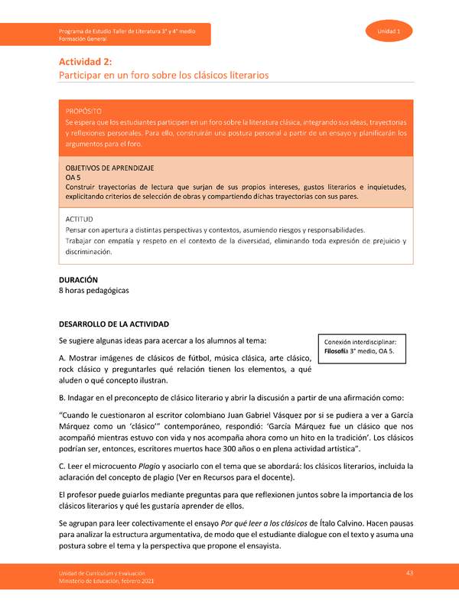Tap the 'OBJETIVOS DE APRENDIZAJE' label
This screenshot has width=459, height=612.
click(109, 167)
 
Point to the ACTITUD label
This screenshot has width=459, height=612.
click(79, 219)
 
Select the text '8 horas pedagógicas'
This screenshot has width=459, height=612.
click(94, 291)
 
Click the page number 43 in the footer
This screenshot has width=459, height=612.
click(409, 574)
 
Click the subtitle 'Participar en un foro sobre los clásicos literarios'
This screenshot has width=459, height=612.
click(164, 76)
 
